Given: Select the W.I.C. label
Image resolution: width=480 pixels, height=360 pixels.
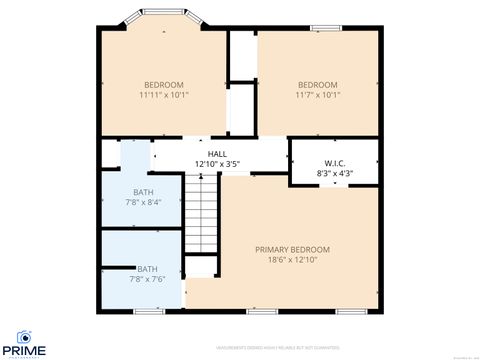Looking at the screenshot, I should [335, 162].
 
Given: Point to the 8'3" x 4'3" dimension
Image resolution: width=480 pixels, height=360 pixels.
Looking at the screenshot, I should [335, 173].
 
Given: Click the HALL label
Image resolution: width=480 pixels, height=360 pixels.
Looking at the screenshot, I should [217, 153].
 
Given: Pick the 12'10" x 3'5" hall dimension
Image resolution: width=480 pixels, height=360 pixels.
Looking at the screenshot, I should [217, 164].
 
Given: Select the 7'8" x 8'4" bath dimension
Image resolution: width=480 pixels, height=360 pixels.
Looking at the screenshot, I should [144, 202].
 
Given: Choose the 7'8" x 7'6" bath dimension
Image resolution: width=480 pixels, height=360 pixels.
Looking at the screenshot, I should [146, 279].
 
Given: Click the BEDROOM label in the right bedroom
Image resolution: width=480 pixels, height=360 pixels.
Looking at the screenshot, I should [318, 84].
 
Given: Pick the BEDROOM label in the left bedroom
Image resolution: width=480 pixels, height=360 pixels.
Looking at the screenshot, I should [164, 84].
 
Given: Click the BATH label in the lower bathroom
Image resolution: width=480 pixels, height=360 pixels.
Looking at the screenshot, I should [146, 268].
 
